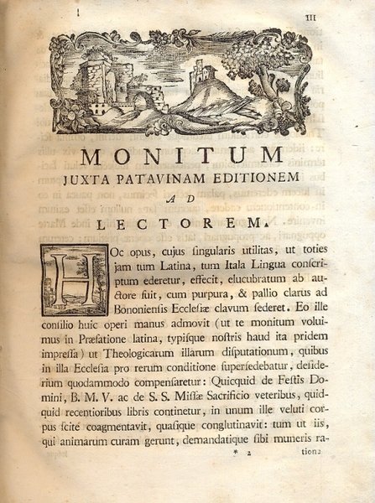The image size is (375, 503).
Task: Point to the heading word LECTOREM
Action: click(x=185, y=223)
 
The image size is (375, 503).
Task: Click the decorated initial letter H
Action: click(x=77, y=277)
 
